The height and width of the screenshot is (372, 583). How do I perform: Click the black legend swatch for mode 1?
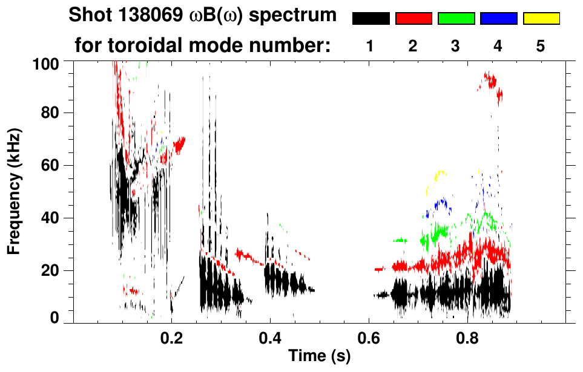coord(371,19)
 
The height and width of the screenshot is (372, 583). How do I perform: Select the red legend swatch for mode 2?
coord(413,19)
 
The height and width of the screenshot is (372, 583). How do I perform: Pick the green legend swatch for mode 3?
coord(456,19)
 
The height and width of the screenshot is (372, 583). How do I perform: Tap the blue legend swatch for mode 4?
coord(498,19)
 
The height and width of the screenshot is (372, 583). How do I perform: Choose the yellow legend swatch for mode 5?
coord(541,19)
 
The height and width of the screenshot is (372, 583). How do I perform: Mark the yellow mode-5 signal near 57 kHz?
coord(440,174)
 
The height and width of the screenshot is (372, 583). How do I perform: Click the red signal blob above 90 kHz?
coord(489,80)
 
